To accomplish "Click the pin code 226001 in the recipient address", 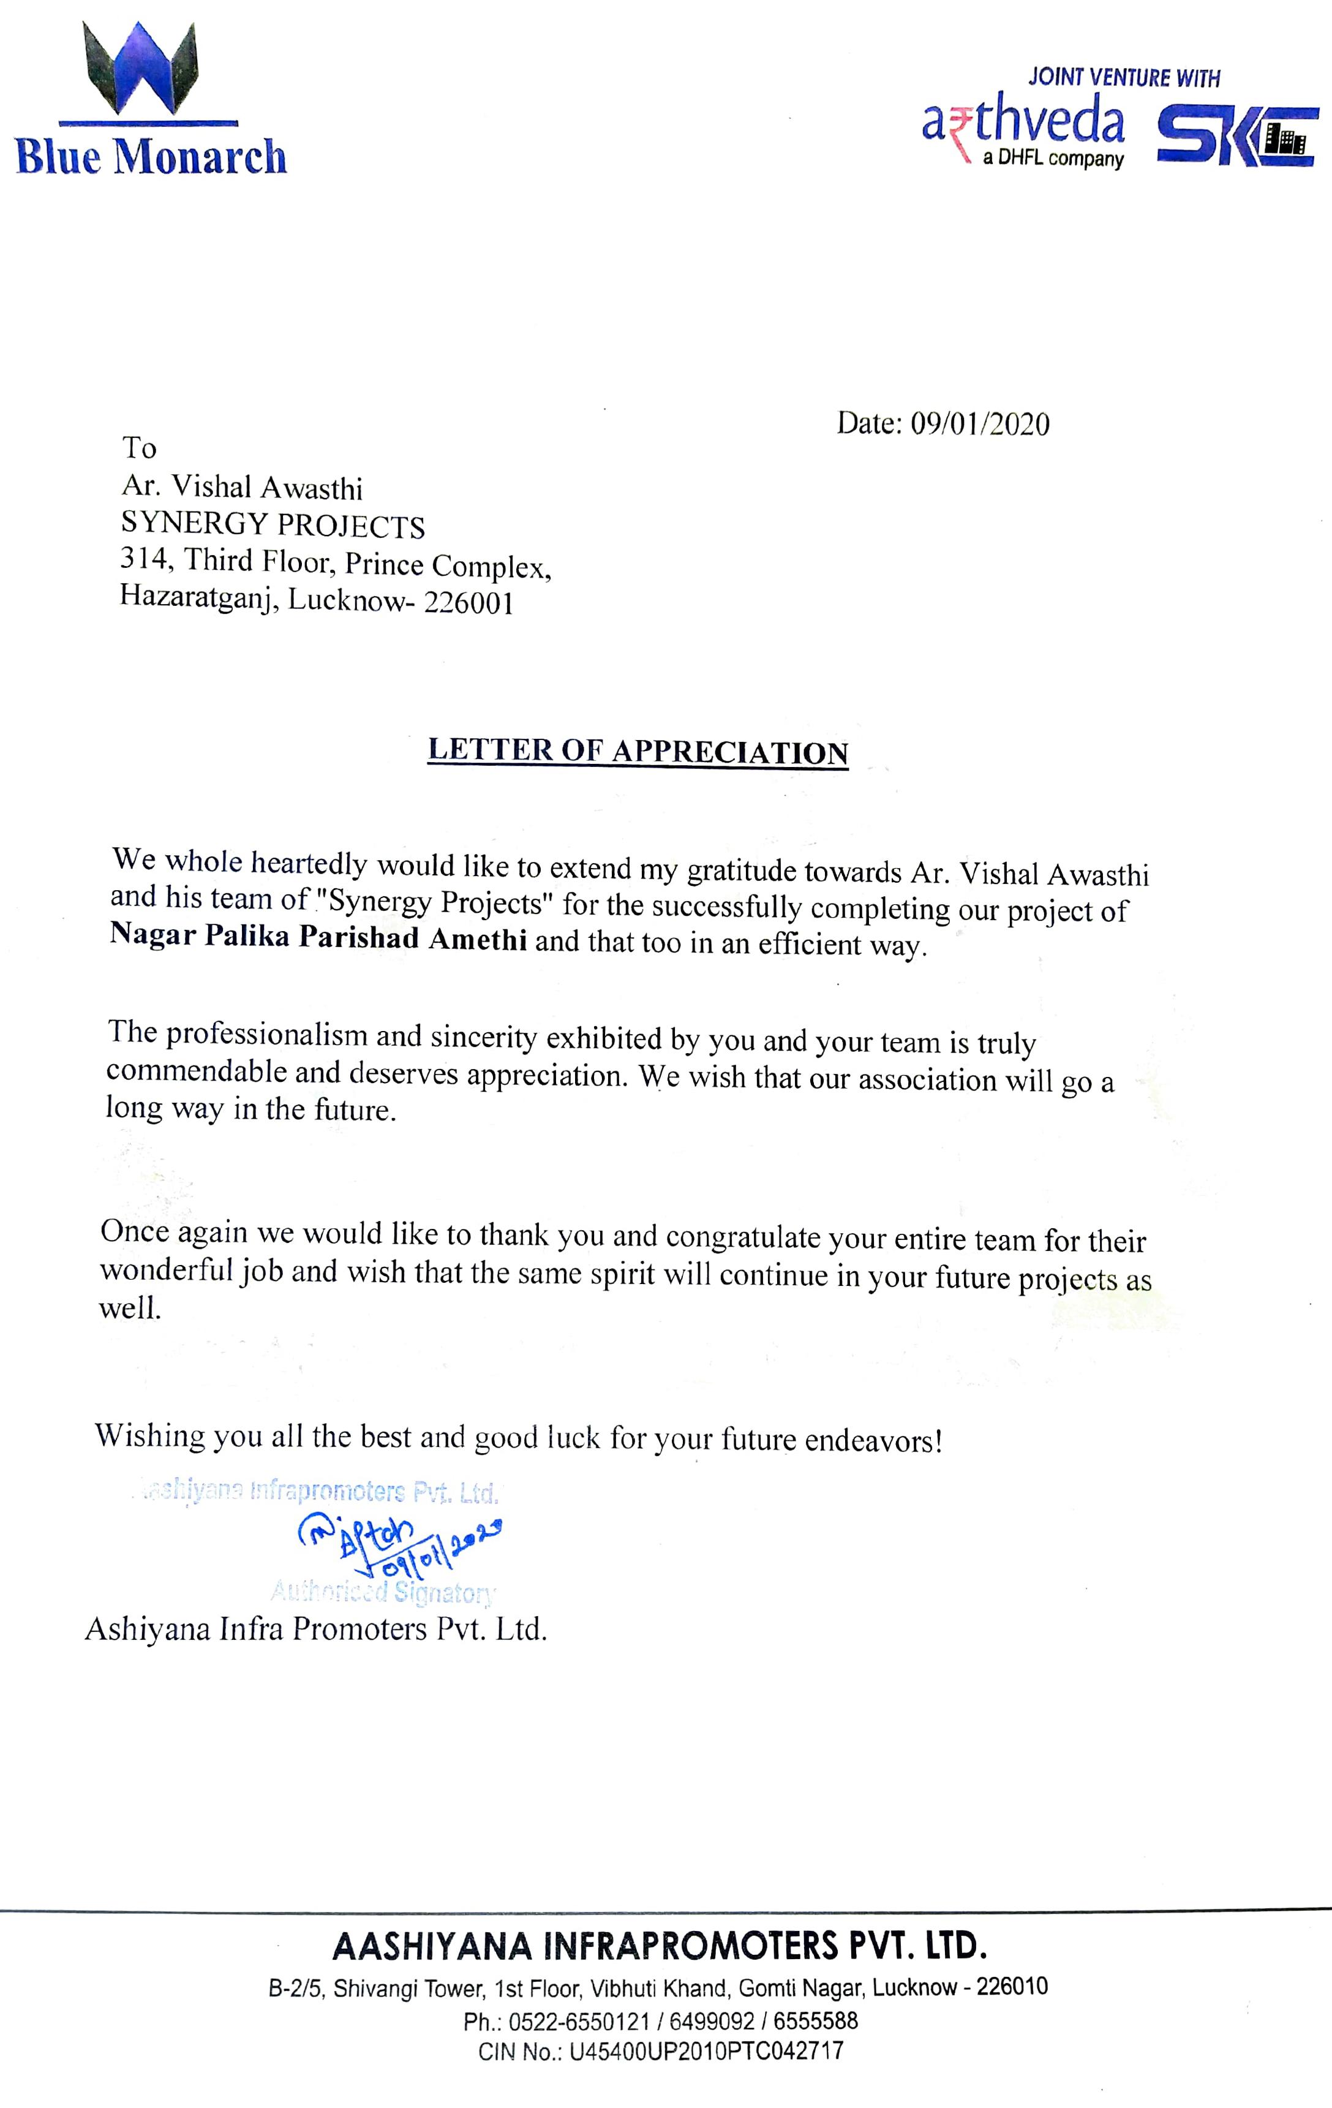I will (x=469, y=604).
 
